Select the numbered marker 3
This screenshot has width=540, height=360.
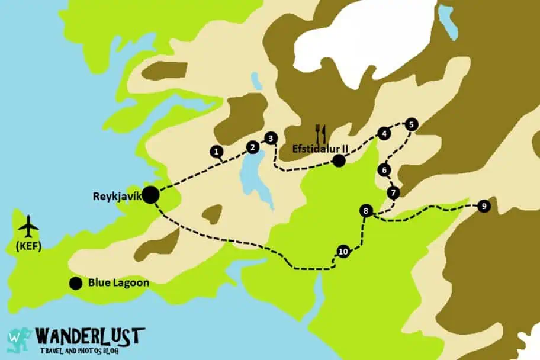tap(271, 139)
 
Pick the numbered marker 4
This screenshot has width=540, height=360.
tap(384, 134)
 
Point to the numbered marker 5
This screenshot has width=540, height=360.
tap(412, 124)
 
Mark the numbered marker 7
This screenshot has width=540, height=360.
tap(393, 193)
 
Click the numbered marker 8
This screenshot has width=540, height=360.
tap(367, 211)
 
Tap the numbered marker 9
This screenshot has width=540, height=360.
tap(484, 206)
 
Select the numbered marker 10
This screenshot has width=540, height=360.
tap(343, 252)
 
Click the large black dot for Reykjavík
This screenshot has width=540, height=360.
tap(150, 194)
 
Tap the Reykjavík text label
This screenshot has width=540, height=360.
tap(116, 197)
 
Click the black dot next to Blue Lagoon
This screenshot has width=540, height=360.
tap(75, 284)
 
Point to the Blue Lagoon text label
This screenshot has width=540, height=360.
tap(118, 284)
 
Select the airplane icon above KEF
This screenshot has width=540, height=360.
tap(28, 226)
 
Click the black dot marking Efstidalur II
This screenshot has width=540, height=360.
tap(339, 160)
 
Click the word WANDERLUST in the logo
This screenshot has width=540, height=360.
tap(89, 336)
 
